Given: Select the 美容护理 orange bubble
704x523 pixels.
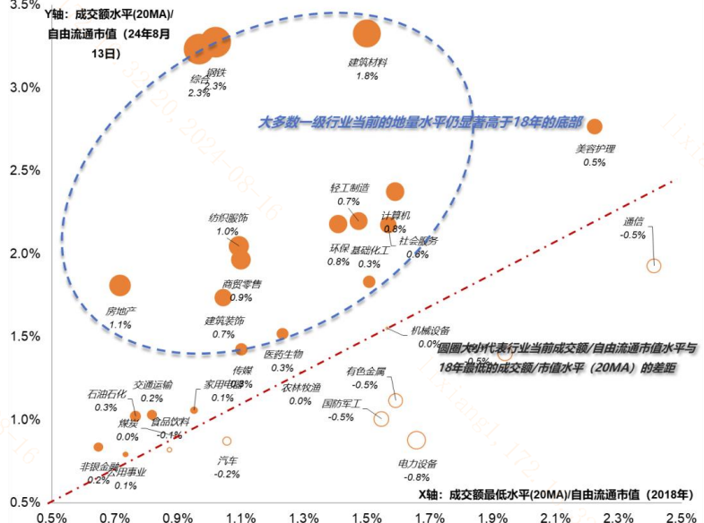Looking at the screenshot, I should (x=594, y=126).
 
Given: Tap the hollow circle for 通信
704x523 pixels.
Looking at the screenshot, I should (x=654, y=266).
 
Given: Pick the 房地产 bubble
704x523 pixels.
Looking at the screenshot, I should (x=119, y=286).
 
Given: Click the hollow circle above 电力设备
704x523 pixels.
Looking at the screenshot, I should (x=416, y=440).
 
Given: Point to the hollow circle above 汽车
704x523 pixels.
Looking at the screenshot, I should (x=227, y=441).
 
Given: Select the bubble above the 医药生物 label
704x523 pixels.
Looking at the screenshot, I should (x=282, y=334).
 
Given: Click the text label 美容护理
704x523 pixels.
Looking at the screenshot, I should (x=595, y=149).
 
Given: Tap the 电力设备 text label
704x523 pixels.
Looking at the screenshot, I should (x=417, y=464).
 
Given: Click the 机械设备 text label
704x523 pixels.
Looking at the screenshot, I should (x=430, y=330).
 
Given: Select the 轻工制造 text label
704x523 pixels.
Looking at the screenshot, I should (x=349, y=188).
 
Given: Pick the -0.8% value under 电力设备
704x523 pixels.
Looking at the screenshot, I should (x=417, y=477).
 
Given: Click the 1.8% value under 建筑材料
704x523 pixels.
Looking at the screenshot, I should (x=367, y=76).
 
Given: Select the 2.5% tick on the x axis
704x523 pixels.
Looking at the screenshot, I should (x=682, y=517).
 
